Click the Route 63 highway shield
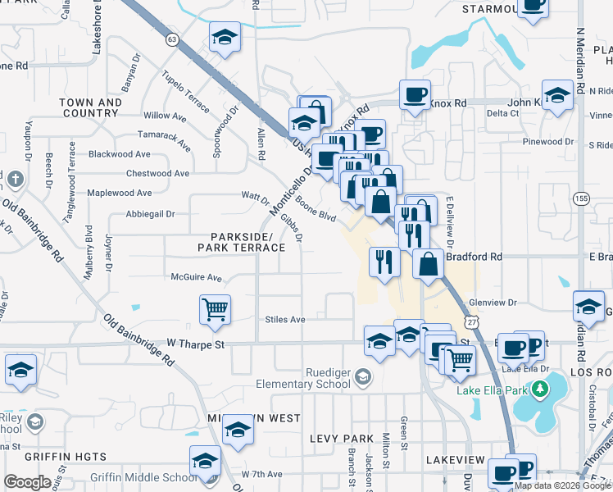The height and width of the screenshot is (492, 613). tap(171, 39)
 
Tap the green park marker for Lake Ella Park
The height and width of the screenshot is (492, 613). tap(539, 388)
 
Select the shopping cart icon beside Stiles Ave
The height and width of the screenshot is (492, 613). tap(215, 310)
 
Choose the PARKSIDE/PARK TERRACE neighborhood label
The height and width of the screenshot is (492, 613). tap(241, 241)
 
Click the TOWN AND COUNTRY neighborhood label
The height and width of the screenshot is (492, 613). tap(90, 107)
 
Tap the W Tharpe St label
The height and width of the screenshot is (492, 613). tap(195, 345)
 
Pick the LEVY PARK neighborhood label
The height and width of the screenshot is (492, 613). tap(342, 439)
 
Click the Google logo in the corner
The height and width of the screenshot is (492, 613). tap(27, 481)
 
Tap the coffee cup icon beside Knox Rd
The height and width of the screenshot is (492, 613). tap(415, 93)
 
